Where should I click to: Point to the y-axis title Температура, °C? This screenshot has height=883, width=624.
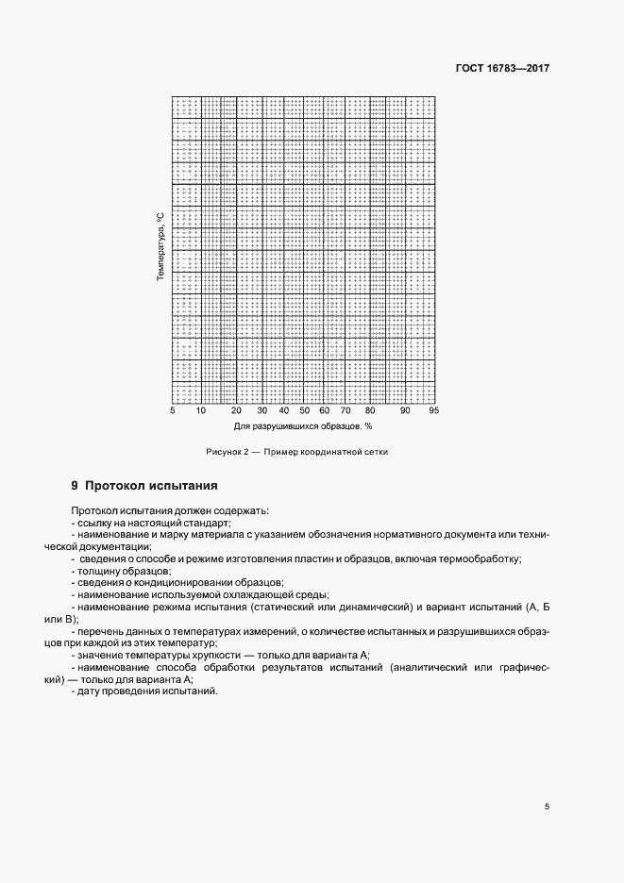click(x=160, y=248)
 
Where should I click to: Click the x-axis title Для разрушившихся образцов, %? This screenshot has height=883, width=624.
click(x=302, y=427)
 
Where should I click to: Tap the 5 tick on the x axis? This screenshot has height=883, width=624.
click(x=172, y=411)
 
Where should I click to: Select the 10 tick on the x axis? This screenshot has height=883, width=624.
click(x=200, y=411)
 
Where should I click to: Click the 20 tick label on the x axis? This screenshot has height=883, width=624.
click(x=236, y=411)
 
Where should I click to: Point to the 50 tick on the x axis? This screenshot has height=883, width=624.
click(x=304, y=411)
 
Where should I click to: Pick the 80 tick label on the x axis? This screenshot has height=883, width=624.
click(x=370, y=411)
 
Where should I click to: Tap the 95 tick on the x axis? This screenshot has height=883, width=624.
click(x=433, y=411)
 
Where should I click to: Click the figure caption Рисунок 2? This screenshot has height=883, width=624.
click(x=227, y=452)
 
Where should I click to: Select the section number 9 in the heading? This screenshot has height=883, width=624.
click(x=75, y=487)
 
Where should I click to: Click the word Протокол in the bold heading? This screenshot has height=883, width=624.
click(x=115, y=487)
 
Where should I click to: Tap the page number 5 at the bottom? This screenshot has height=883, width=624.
click(x=547, y=807)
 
